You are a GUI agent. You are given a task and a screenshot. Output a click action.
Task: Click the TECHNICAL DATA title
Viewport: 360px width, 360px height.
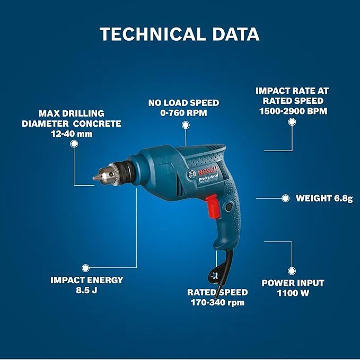point(180,34)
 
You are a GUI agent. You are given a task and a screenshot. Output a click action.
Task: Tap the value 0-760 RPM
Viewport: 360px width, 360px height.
point(183,113)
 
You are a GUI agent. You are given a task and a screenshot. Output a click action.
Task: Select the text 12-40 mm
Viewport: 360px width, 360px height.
point(72,134)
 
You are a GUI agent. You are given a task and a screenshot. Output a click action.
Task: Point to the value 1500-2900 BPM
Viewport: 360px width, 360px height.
point(293,111)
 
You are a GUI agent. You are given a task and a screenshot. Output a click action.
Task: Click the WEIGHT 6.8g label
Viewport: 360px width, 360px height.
point(324,198)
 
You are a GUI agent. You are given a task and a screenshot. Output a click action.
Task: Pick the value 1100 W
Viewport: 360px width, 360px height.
point(293,293)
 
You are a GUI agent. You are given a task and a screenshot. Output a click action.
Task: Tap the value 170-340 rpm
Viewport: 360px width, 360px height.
point(218,303)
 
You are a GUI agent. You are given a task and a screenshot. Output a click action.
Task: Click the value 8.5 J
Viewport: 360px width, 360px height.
point(86,290)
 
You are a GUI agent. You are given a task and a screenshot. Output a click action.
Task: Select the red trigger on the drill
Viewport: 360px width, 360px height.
point(213,206)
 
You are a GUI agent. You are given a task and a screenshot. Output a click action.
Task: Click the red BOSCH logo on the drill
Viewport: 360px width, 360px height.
point(207,171)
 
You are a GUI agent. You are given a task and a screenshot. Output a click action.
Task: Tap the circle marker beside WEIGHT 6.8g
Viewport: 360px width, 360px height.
point(285,198)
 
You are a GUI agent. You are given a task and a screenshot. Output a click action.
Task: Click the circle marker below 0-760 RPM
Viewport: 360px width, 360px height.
point(186,125)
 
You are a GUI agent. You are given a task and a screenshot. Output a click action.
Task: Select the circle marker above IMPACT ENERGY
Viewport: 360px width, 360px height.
point(85,268)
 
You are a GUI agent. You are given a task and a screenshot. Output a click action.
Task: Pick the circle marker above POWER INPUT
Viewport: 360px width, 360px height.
point(292,271)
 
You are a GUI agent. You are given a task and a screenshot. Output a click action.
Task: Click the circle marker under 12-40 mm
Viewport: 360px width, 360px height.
point(74,144)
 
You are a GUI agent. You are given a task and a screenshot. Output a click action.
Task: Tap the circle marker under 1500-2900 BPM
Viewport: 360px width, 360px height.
point(292,122)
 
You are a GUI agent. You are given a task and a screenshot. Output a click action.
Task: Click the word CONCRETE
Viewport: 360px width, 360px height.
point(97,124)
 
